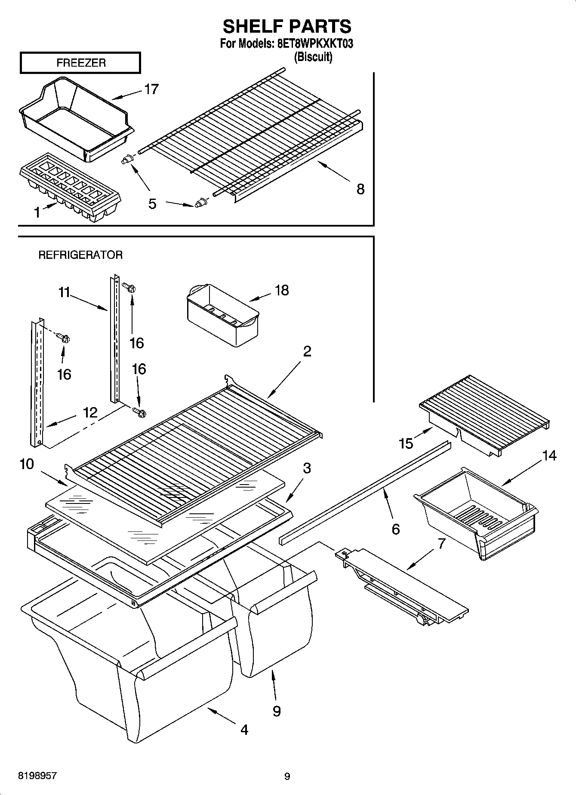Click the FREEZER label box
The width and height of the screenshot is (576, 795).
[80, 63]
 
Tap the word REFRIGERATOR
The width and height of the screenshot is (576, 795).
[80, 255]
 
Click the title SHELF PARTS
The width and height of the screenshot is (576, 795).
[287, 27]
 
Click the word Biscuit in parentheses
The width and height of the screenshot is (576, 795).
[313, 57]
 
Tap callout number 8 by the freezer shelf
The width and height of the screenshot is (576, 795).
[360, 189]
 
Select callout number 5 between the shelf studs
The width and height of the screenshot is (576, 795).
[152, 203]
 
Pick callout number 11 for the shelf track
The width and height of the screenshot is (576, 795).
[64, 293]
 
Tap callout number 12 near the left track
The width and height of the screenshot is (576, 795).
[90, 412]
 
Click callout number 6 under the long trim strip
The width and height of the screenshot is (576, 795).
[395, 529]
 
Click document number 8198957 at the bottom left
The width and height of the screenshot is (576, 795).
[37, 776]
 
